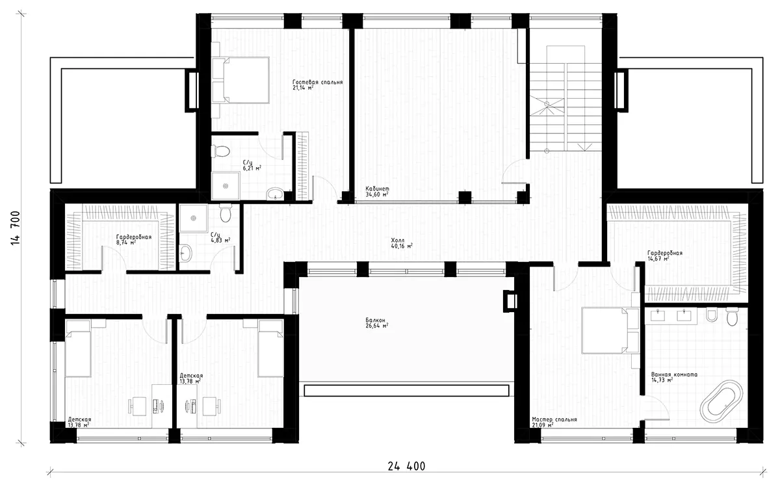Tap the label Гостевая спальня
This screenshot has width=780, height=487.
click(317, 83)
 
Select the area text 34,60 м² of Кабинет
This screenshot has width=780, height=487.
click(377, 195)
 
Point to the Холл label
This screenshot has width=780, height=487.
click(398, 239)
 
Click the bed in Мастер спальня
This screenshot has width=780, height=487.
click(604, 330)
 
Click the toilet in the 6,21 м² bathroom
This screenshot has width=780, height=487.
click(222, 151)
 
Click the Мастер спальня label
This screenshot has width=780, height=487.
click(553, 420)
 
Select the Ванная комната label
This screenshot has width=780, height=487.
click(674, 375)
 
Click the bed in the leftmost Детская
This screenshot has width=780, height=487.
click(79, 352)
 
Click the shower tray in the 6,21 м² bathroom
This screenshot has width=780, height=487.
click(226, 185)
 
